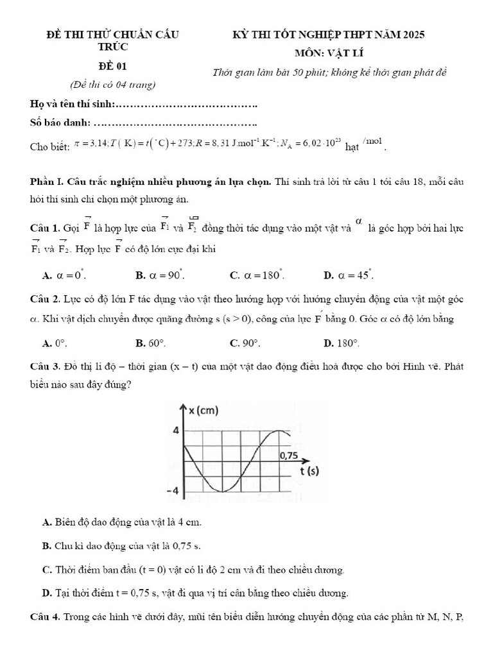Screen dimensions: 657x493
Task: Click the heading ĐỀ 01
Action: coord(112,65)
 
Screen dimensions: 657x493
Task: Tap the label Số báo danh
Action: coord(61,123)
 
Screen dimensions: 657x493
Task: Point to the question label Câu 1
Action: coord(44,228)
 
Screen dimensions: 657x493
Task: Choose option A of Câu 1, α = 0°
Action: coord(64,275)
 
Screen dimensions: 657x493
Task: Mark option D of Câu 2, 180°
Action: coord(342,343)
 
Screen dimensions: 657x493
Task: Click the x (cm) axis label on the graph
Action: coord(203,410)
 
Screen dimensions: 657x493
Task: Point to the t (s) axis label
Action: coord(309,472)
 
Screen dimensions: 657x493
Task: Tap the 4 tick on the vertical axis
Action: coord(175,430)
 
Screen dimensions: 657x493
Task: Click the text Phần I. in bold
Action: coord(47,182)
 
